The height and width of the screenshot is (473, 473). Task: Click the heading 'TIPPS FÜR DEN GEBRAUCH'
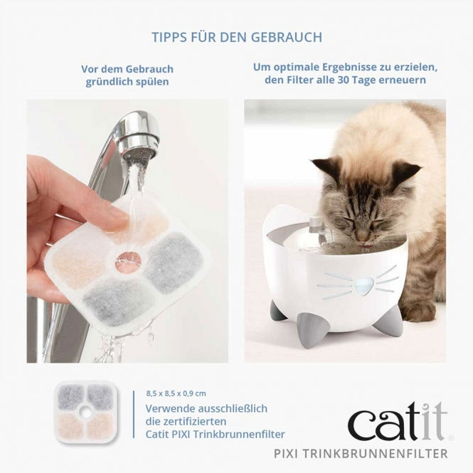[x=236, y=36]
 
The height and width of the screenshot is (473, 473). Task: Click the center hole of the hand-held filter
[x=129, y=261]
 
